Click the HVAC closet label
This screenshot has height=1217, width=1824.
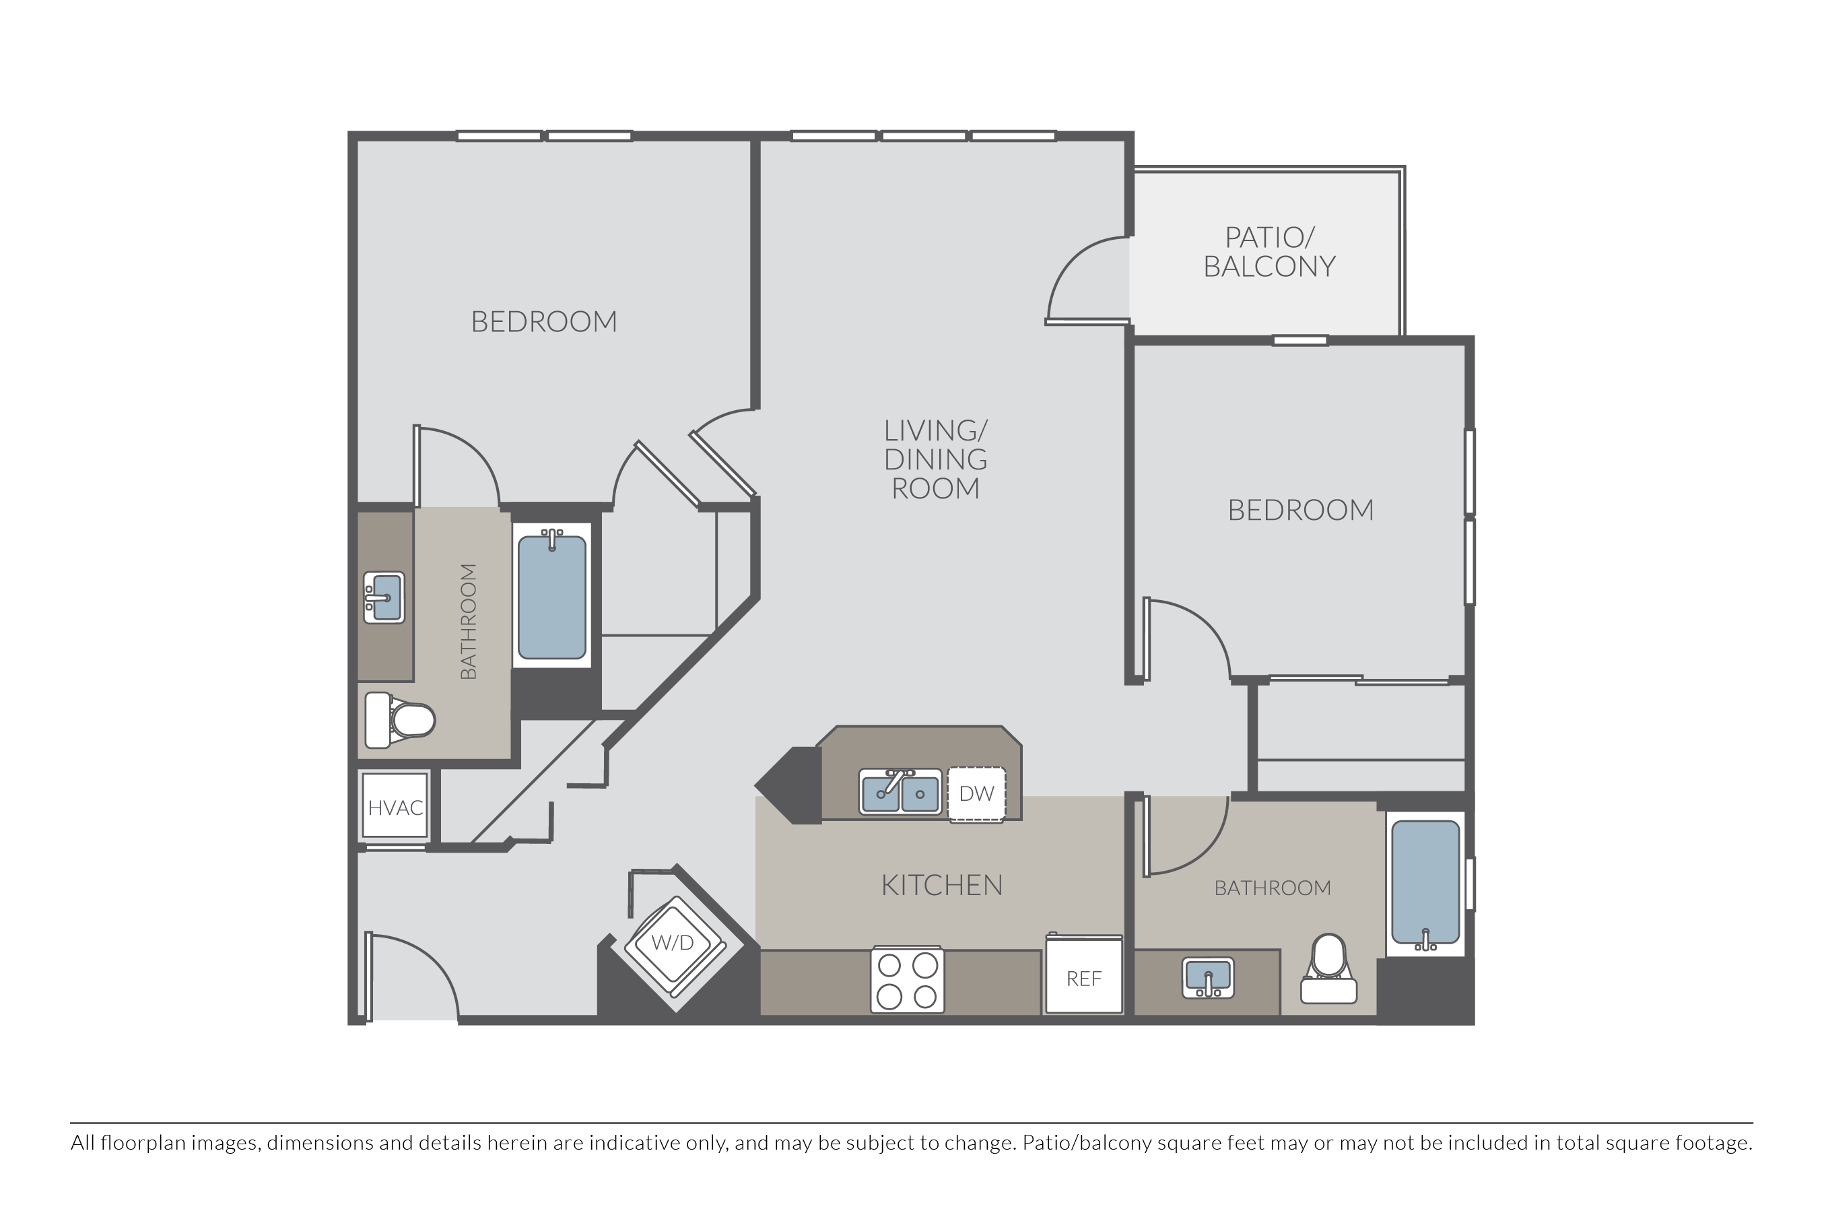(396, 808)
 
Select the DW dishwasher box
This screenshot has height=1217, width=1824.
(977, 793)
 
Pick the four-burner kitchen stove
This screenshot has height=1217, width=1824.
(907, 979)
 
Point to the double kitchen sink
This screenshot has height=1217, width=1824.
(900, 791)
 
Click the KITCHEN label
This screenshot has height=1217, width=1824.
(942, 885)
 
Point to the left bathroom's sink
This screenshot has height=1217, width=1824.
(384, 597)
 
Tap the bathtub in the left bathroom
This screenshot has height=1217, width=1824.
(552, 596)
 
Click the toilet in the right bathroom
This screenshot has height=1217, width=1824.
(1328, 968)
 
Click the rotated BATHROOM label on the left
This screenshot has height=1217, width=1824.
(468, 622)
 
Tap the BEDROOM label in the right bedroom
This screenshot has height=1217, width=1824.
(1300, 510)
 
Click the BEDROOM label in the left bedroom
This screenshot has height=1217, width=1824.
(544, 321)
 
